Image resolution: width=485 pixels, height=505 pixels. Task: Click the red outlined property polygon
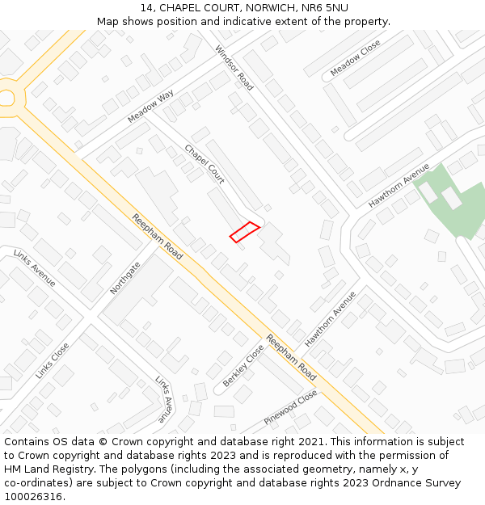(x=244, y=232)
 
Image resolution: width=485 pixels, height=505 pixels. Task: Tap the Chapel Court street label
(x=205, y=164)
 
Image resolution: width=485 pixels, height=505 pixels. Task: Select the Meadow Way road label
(x=150, y=107)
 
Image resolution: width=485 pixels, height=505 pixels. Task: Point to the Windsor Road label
(x=234, y=67)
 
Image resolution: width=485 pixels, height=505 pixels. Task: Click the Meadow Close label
(x=355, y=58)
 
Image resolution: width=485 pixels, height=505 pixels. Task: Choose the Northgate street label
(x=125, y=277)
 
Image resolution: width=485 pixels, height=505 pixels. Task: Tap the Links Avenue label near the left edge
(x=35, y=267)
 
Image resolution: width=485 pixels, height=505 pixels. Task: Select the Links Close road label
(x=53, y=360)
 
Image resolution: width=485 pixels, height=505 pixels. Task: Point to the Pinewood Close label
(x=290, y=409)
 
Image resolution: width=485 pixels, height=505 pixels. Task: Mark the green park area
(x=453, y=202)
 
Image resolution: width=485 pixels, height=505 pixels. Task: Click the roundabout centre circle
(x=6, y=98)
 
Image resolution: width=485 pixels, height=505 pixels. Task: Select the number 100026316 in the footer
(x=33, y=497)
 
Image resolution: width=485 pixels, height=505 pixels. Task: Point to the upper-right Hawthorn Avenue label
(x=399, y=186)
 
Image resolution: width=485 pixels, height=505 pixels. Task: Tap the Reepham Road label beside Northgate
(x=158, y=237)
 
